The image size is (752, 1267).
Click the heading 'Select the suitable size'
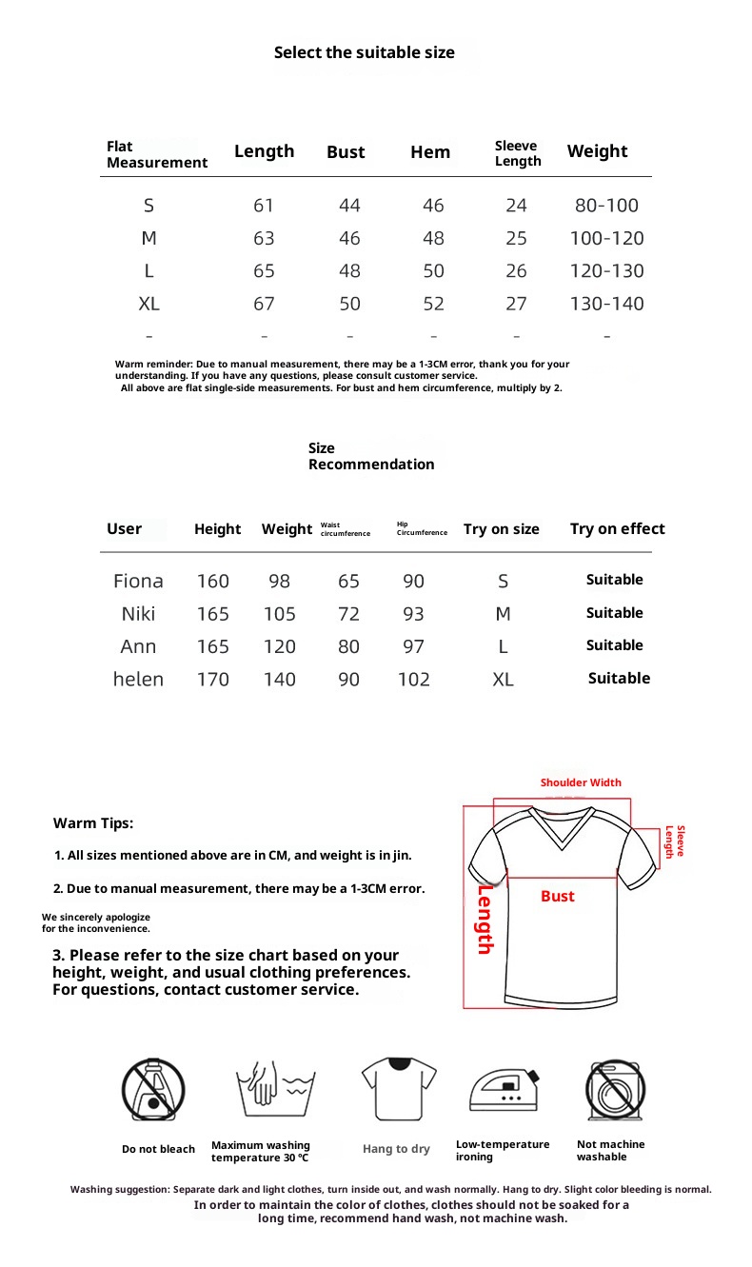pos(365,53)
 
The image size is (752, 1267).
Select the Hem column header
pos(430,152)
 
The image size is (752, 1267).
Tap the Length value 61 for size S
pos(264,206)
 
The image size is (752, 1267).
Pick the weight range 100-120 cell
pos(606,238)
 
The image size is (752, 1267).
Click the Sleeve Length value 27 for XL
pos(516,304)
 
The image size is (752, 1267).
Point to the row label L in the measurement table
pos(148,271)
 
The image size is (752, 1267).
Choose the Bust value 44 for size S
pos(349,206)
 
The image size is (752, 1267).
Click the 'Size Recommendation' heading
pos(370,456)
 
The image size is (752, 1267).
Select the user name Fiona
pos(138,581)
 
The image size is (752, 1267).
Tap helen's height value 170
pos(213,680)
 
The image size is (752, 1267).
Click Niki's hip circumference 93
pos(413,614)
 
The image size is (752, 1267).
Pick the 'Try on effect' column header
pos(617,529)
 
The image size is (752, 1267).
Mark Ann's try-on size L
pos(503,647)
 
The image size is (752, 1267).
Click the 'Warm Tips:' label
pos(93,823)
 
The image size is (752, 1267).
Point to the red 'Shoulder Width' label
pos(581,782)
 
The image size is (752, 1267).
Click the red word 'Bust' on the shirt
pos(558,897)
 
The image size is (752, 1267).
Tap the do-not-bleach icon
pos(152,1089)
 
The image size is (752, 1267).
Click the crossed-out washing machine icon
pos(615,1089)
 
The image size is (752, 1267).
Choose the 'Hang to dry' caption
pos(396,1149)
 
